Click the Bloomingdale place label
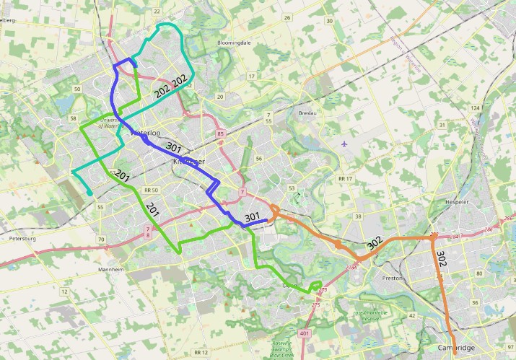point(234,43)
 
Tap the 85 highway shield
point(220,133)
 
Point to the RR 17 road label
point(346,178)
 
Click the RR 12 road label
point(201,351)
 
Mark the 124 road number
point(475,107)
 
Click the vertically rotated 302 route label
point(442,260)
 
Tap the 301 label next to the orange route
point(252,216)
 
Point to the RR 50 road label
point(152,190)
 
